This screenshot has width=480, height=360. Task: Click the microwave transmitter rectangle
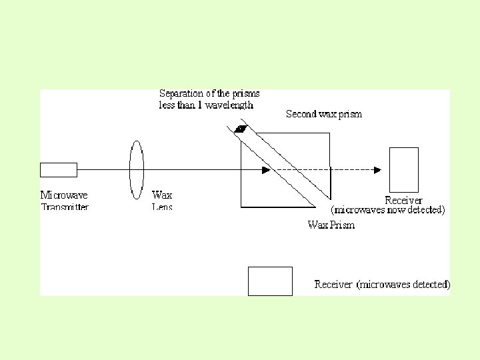click(58, 170)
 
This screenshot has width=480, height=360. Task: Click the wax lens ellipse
click(137, 170)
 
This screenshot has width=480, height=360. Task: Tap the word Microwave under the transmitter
click(64, 195)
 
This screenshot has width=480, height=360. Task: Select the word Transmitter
click(65, 207)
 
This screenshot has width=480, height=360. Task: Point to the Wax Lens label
click(162, 201)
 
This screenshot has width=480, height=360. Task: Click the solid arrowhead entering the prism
click(266, 170)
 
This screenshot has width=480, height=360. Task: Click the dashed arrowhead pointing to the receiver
click(377, 170)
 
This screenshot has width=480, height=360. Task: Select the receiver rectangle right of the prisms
click(403, 170)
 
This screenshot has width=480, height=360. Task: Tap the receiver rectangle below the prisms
click(270, 281)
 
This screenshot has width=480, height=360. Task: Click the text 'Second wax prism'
click(324, 114)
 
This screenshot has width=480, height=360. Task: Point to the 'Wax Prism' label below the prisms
click(331, 225)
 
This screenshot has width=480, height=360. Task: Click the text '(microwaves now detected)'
click(388, 210)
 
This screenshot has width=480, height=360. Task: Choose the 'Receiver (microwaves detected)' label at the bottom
click(382, 285)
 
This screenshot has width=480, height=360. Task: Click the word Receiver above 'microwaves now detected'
click(403, 200)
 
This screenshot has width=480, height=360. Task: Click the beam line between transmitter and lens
click(103, 170)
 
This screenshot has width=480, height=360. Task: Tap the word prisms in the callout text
click(247, 93)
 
